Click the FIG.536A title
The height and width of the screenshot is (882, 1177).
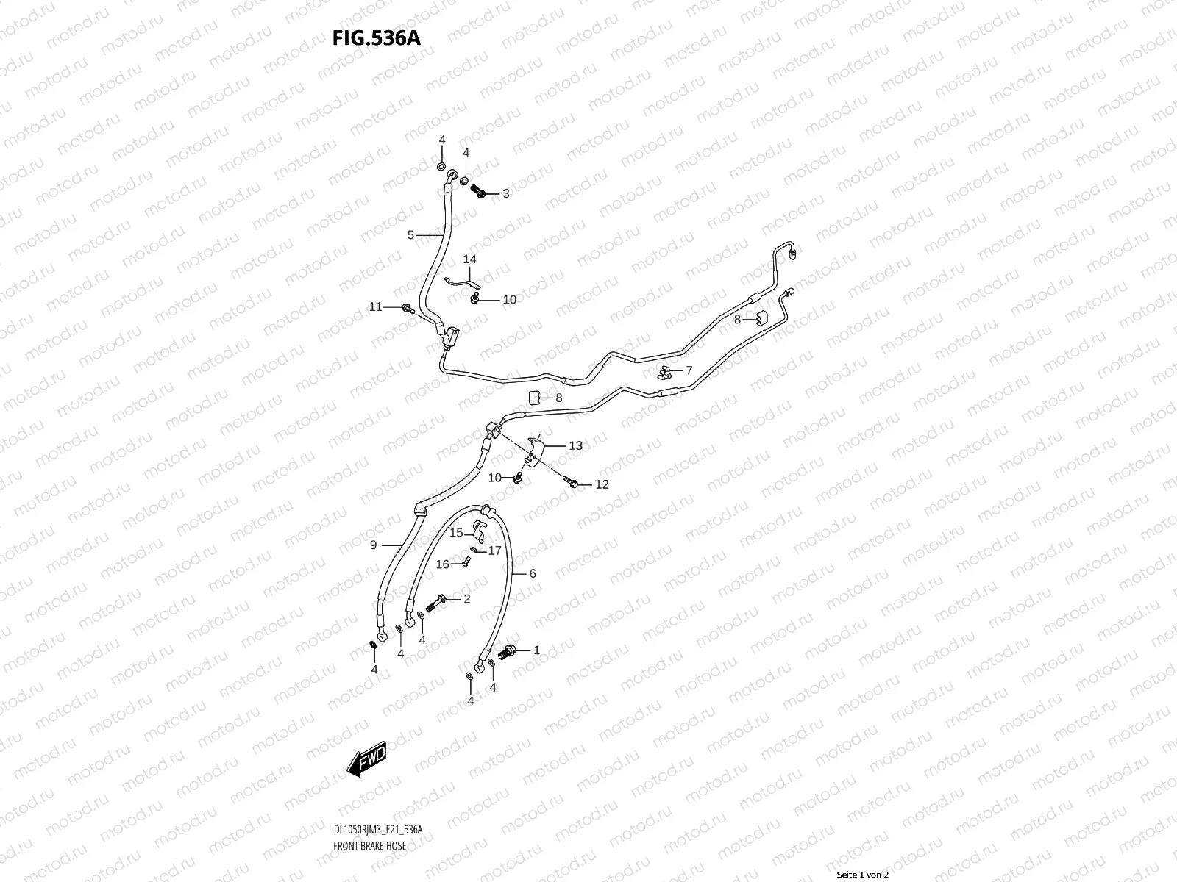(377, 38)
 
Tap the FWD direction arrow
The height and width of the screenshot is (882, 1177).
(366, 759)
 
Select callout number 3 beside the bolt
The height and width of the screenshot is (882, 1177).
(506, 194)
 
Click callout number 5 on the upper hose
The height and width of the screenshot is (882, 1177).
(411, 235)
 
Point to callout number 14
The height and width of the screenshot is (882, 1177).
(469, 259)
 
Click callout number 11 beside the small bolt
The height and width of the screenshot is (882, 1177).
(376, 306)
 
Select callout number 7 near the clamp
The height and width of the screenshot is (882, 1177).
(689, 370)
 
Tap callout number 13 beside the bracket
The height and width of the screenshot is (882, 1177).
(575, 445)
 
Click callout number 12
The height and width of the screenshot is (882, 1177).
(602, 484)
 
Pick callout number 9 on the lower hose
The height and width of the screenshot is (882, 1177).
(374, 545)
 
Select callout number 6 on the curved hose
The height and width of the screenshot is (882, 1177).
(533, 573)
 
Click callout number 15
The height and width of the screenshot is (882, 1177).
(457, 533)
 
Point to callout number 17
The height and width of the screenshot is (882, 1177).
(495, 550)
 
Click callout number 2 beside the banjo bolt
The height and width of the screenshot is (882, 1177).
(466, 599)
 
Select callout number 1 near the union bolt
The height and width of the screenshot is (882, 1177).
(536, 650)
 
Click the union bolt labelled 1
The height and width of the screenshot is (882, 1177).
(508, 652)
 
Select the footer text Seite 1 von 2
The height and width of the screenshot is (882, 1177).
(864, 875)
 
